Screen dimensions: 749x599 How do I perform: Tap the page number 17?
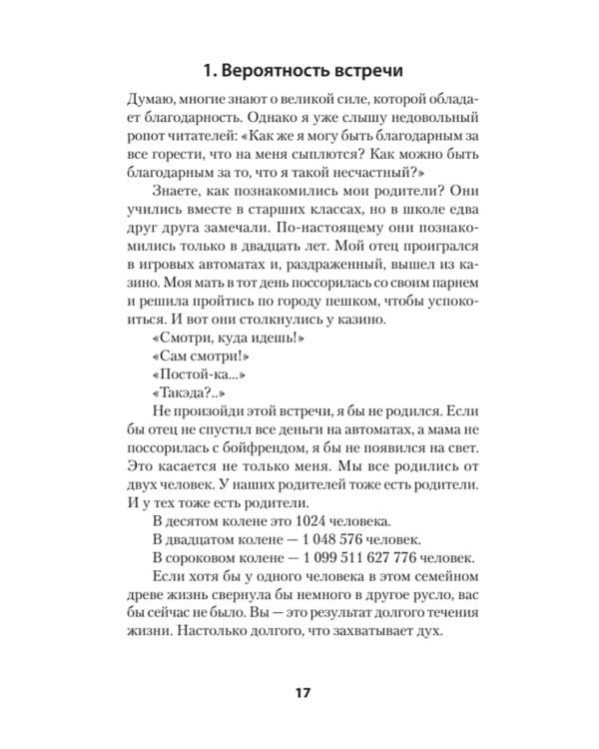(299, 694)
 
